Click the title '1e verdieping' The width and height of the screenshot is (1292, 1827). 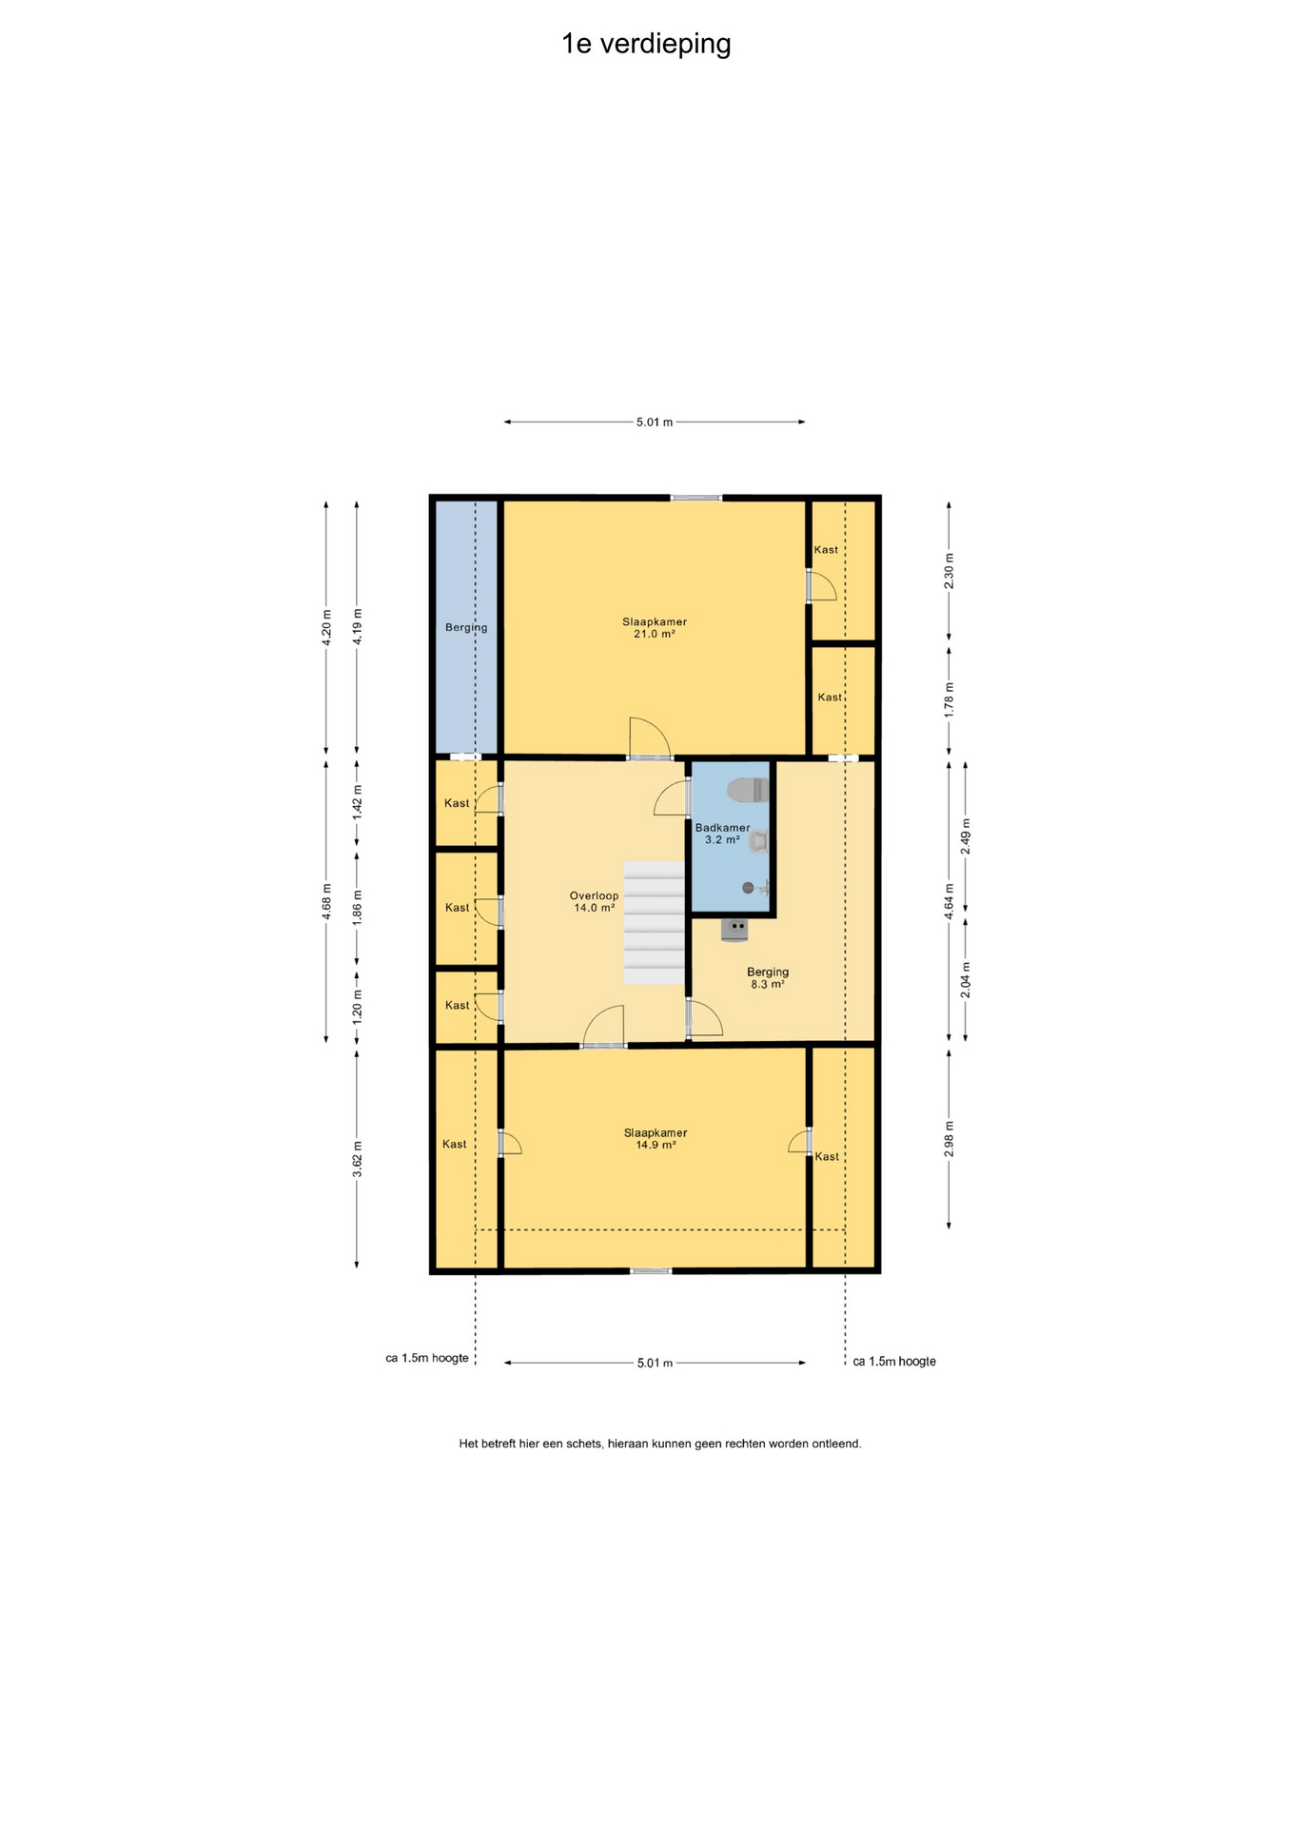tap(646, 45)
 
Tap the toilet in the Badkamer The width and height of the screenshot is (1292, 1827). tap(748, 790)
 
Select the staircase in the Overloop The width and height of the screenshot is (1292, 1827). tap(655, 923)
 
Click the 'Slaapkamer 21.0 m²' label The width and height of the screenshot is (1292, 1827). tap(655, 628)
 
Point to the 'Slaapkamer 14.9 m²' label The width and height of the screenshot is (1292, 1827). tap(656, 1139)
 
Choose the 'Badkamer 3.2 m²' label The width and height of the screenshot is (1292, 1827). tap(723, 834)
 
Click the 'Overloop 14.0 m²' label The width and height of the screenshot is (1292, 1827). tap(595, 902)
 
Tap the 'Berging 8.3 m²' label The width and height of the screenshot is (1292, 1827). tap(768, 978)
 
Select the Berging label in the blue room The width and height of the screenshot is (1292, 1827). tap(466, 628)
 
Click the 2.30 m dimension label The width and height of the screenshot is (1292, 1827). tap(949, 571)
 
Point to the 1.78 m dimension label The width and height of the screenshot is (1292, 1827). tap(949, 700)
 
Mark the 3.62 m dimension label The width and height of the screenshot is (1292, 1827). tap(358, 1159)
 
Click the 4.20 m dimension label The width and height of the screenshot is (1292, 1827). tap(326, 628)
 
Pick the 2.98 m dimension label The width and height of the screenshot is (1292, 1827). tap(949, 1139)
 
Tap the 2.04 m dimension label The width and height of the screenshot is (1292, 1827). tap(966, 980)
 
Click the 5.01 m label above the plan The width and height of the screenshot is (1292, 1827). tap(655, 422)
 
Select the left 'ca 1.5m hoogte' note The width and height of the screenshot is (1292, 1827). tap(427, 1358)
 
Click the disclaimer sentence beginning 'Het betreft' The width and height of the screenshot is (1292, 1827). tap(660, 1444)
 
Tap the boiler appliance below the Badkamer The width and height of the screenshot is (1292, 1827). tap(734, 931)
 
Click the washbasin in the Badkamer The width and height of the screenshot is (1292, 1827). tap(758, 841)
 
